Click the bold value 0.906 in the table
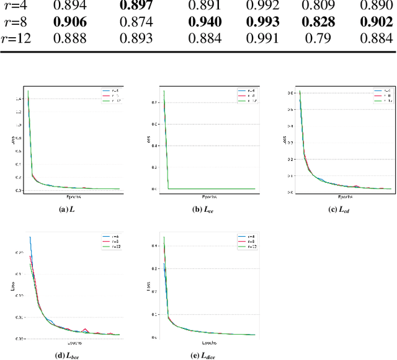coord(69,22)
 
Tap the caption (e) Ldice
coord(206,354)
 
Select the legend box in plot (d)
coord(109,240)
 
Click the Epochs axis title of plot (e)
coord(208,342)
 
